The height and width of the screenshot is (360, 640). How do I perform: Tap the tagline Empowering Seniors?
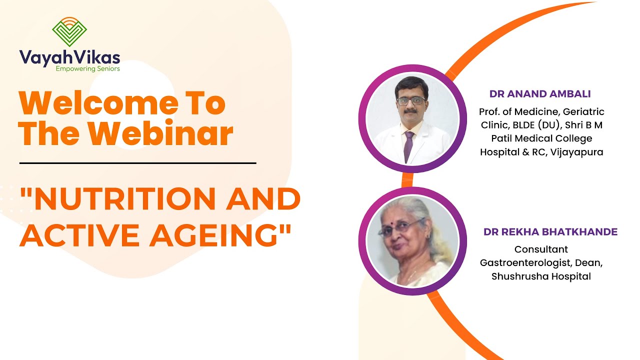pos(87,69)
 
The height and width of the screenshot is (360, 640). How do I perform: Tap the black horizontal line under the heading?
pos(137,163)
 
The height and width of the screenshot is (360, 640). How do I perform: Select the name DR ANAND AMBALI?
pos(540,94)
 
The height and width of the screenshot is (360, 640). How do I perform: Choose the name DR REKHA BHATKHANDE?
pos(550,232)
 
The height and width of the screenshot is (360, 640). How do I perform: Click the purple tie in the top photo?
pos(408,145)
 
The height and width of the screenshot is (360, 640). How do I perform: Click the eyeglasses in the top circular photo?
pos(411,100)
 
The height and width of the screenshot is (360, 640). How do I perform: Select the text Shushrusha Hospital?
pos(541,276)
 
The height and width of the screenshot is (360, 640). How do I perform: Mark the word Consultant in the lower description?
pos(541,249)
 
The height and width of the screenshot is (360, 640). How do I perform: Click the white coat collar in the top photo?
pos(395,137)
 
